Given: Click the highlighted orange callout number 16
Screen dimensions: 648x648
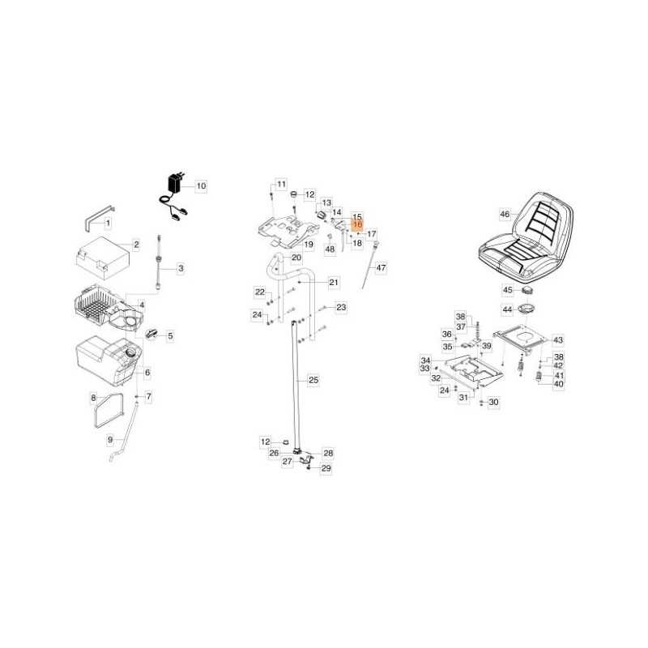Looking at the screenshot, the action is click(357, 224).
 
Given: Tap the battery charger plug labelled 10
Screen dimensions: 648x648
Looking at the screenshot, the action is click(175, 182).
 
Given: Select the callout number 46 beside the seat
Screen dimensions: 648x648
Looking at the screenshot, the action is click(505, 214).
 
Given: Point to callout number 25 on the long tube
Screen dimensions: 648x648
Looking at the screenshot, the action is click(313, 380).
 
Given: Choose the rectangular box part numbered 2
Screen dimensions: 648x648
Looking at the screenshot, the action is click(103, 258).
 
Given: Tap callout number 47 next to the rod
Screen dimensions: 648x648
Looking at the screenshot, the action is click(381, 268).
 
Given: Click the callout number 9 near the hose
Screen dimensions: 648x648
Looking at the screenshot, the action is click(110, 440).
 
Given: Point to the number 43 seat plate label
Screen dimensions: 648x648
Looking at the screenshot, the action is click(558, 340).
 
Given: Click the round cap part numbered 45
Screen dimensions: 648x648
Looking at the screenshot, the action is click(527, 291).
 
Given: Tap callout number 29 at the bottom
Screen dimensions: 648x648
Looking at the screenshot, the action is click(326, 468).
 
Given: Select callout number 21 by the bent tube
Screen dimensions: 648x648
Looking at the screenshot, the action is click(334, 282).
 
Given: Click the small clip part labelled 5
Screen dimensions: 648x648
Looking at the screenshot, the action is click(151, 333).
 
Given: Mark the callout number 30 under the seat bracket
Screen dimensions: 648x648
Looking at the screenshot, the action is click(493, 402).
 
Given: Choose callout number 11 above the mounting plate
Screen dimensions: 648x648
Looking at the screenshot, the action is click(281, 185).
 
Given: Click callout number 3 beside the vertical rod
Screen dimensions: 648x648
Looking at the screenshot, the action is click(181, 269).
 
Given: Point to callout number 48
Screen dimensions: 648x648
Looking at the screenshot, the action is click(330, 249).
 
